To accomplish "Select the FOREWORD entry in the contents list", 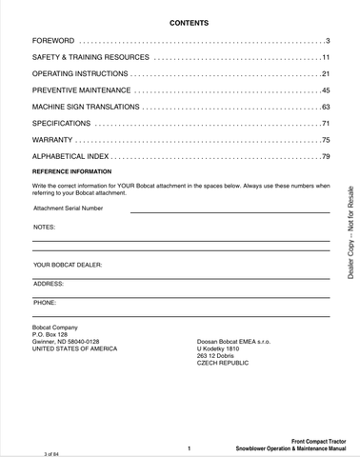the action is (x=53, y=43).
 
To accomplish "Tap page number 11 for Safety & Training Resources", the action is (x=325, y=58).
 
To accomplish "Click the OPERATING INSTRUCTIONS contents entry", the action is (x=80, y=74).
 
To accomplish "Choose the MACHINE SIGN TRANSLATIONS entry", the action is (x=87, y=107).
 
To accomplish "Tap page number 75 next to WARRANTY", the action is (x=324, y=140).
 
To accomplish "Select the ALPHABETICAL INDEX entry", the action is (x=74, y=156).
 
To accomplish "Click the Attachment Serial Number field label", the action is (x=69, y=208).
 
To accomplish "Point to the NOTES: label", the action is (x=45, y=228).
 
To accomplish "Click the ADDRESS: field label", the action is (x=49, y=284).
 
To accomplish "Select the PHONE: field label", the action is (x=46, y=302).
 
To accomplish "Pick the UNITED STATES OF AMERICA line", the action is (x=75, y=349).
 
